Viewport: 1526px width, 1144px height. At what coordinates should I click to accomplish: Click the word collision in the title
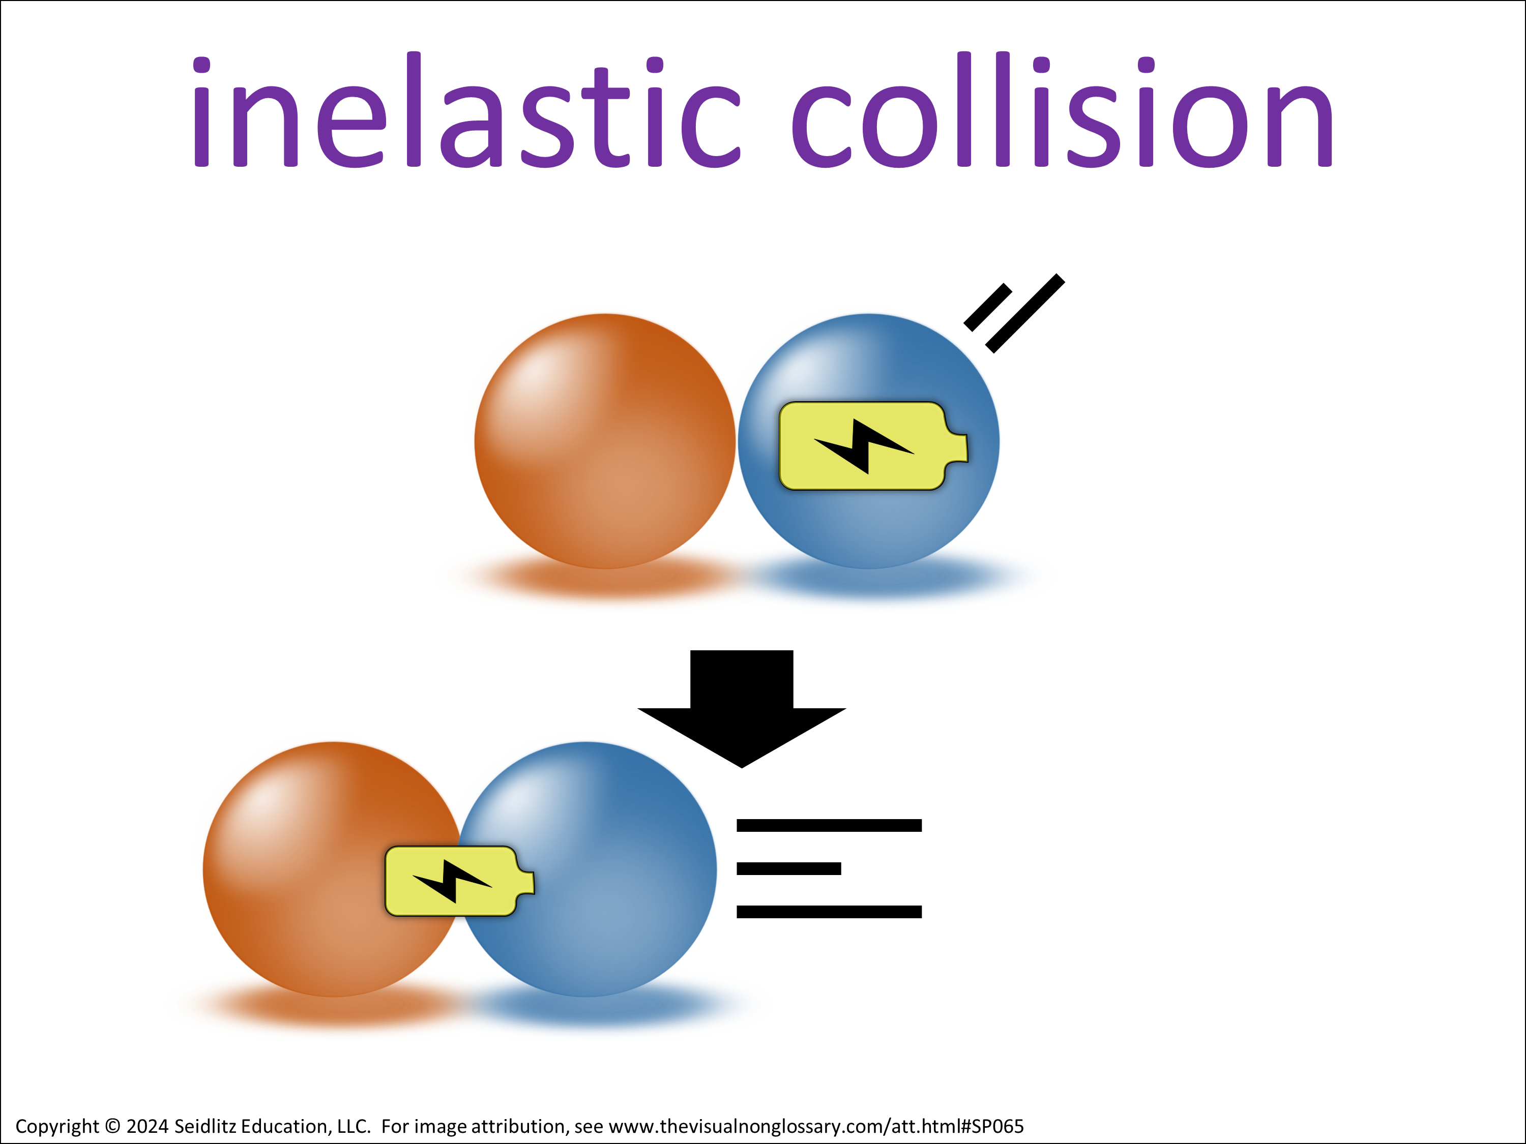click(x=1063, y=110)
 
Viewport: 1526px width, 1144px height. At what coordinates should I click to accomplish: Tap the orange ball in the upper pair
click(x=605, y=441)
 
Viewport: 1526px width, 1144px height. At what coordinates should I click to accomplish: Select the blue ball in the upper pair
click(x=869, y=441)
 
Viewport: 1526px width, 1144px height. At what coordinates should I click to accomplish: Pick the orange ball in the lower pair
click(x=333, y=869)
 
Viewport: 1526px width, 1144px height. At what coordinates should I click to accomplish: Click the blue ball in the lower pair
click(x=587, y=869)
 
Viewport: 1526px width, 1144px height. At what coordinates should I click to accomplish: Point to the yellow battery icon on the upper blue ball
click(x=873, y=446)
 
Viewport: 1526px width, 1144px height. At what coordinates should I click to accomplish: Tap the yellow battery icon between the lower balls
click(x=459, y=881)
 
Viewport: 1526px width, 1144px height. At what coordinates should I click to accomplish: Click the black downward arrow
click(x=742, y=709)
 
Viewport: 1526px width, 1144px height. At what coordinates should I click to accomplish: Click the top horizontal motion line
click(x=829, y=825)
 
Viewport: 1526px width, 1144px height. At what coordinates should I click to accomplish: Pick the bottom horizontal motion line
click(x=829, y=912)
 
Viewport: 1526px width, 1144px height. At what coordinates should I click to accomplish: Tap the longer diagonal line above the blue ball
click(x=1025, y=314)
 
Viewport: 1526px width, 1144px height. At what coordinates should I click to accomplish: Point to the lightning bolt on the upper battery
click(x=864, y=446)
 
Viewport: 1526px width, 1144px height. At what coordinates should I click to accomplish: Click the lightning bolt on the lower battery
click(x=452, y=881)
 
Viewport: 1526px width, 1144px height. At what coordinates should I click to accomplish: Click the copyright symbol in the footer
click(x=113, y=1126)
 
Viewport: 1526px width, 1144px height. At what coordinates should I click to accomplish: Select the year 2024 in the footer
click(x=148, y=1126)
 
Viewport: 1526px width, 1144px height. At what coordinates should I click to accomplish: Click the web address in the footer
click(x=816, y=1126)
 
